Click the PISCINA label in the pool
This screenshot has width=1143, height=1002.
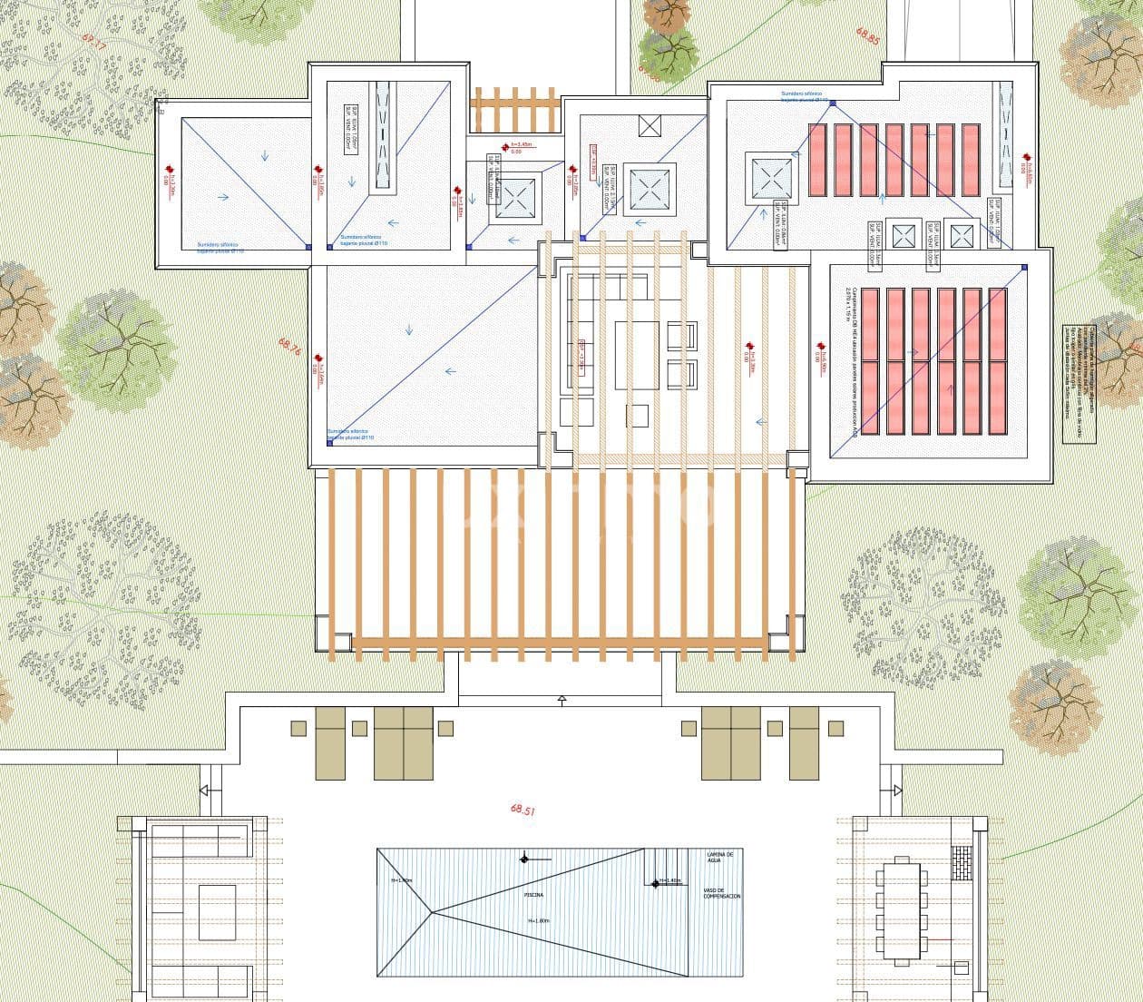pyautogui.click(x=534, y=894)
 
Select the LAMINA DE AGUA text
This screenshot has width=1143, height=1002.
pyautogui.click(x=725, y=857)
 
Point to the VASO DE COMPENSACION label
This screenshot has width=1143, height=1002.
pyautogui.click(x=722, y=893)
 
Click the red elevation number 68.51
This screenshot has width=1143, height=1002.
pyautogui.click(x=523, y=810)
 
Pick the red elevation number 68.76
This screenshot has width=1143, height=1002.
pyautogui.click(x=289, y=346)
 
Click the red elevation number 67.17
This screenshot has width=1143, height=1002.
pyautogui.click(x=93, y=42)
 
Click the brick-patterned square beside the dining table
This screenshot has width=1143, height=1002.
pyautogui.click(x=962, y=862)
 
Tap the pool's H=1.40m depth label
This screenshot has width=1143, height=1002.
pyautogui.click(x=669, y=880)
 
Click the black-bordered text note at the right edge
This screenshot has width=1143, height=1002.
pyautogui.click(x=1079, y=385)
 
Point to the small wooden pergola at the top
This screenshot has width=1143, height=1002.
pyautogui.click(x=514, y=110)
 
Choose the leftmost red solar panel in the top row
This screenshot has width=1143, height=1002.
pyautogui.click(x=817, y=160)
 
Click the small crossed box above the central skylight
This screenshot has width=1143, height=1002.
pyautogui.click(x=650, y=126)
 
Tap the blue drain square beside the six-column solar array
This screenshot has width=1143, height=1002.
pyautogui.click(x=1024, y=267)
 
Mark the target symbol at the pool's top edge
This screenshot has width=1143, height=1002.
pyautogui.click(x=524, y=858)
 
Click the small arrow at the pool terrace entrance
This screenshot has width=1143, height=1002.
pyautogui.click(x=562, y=700)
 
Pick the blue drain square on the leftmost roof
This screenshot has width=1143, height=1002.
pyautogui.click(x=308, y=246)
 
